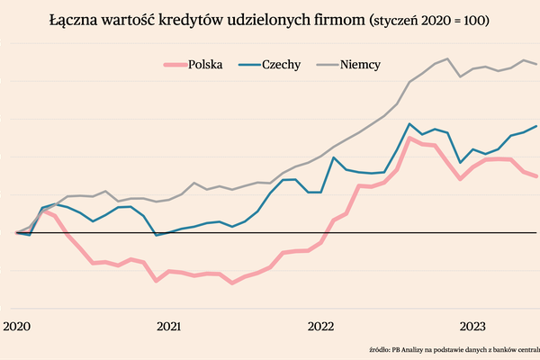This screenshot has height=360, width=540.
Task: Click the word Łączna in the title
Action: coord(74,20)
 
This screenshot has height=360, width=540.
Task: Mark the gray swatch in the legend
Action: coord(326,64)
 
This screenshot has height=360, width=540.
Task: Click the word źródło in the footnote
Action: coord(382,348)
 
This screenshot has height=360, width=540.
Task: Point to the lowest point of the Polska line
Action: coord(232,283)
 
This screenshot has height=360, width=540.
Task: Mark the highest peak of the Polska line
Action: coord(410,138)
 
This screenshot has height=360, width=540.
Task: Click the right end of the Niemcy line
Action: coord(538,64)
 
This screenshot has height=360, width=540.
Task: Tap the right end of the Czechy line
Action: coord(538,126)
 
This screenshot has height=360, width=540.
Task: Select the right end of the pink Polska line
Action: coord(538,176)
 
